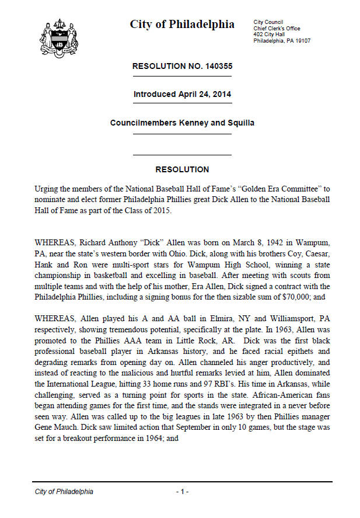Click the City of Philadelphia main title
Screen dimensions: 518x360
point(182,24)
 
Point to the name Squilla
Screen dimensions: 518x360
point(240,123)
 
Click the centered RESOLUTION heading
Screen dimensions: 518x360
point(182,170)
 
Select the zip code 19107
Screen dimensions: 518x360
point(301,41)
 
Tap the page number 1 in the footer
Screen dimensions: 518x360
point(182,492)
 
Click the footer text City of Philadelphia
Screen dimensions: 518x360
point(64,492)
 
